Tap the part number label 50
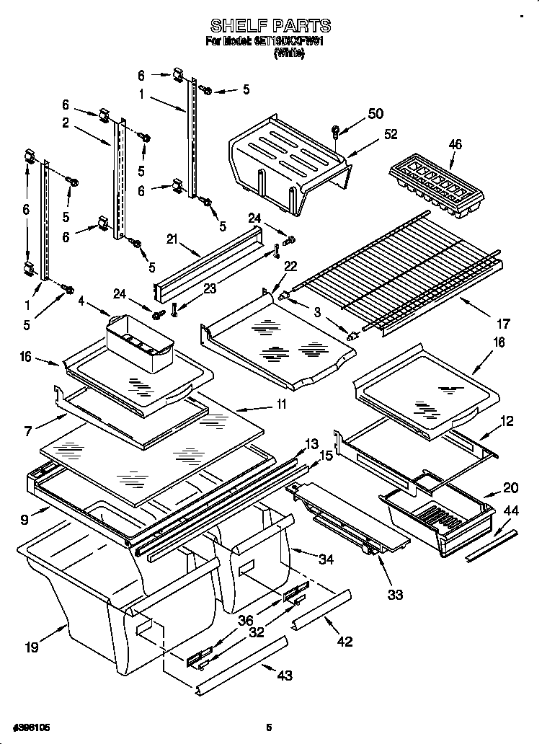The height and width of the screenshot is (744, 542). tap(376, 113)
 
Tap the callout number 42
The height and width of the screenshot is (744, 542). tap(345, 641)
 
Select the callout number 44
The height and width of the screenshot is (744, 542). tap(510, 510)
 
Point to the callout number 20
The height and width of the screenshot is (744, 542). tap(510, 487)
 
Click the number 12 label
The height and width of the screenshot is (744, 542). tap(507, 421)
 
